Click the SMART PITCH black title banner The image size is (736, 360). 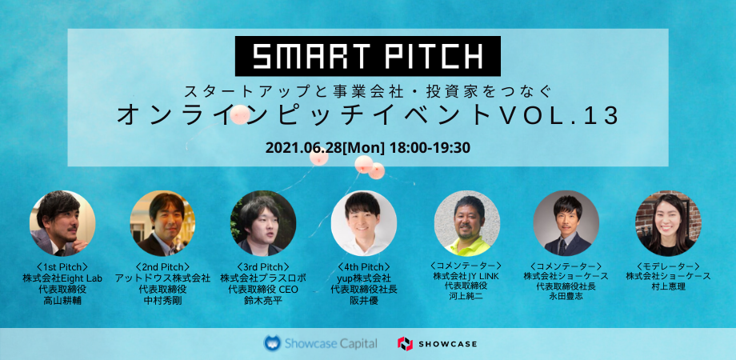pos(367,56)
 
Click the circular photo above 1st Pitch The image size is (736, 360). pos(62,223)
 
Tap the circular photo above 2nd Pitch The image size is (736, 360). pos(163,223)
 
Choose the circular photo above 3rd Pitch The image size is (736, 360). pos(263,223)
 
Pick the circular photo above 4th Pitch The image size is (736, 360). pos(364,223)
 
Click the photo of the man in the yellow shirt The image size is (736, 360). pos(467,223)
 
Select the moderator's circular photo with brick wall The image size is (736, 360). pos(669,223)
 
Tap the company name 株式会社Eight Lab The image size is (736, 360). pos(62,278)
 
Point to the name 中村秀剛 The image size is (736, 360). pos(163,300)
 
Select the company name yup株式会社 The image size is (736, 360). pos(364,278)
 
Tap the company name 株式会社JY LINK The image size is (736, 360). pos(466,275)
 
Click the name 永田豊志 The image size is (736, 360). pos(566,297)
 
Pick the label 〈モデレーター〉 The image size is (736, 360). pos(669,266)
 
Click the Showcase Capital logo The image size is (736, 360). pos(320,343)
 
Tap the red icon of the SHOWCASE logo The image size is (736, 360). pos(405,343)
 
